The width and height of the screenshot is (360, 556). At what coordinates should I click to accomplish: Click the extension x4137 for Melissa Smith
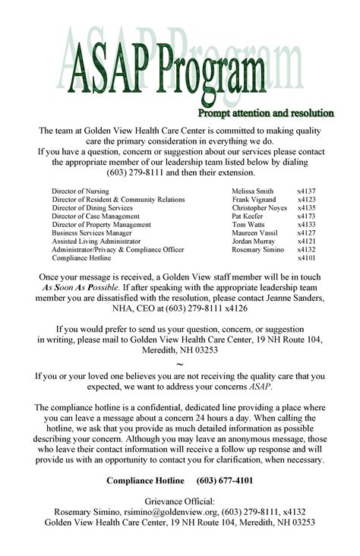pyautogui.click(x=306, y=191)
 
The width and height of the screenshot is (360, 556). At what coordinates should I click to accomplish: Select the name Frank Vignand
pyautogui.click(x=251, y=200)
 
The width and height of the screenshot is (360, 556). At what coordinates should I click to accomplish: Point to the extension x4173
pyautogui.click(x=306, y=216)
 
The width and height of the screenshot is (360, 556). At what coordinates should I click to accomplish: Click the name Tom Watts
pyautogui.click(x=248, y=225)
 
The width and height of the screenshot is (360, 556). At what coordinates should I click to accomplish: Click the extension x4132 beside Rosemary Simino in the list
pyautogui.click(x=306, y=250)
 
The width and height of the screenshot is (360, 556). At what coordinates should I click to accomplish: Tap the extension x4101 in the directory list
pyautogui.click(x=306, y=258)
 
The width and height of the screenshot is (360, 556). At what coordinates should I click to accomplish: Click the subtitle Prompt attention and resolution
pyautogui.click(x=266, y=114)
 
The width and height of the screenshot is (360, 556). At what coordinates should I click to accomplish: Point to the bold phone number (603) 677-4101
pyautogui.click(x=225, y=482)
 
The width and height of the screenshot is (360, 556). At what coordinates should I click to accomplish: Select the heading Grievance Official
pyautogui.click(x=180, y=501)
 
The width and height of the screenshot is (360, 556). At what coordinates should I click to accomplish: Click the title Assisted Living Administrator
pyautogui.click(x=96, y=242)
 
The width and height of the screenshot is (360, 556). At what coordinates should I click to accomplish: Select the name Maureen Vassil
pyautogui.click(x=254, y=233)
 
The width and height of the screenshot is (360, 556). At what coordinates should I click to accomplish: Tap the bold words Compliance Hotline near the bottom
pyautogui.click(x=145, y=482)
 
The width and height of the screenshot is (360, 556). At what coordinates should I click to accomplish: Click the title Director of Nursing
pyautogui.click(x=80, y=191)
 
